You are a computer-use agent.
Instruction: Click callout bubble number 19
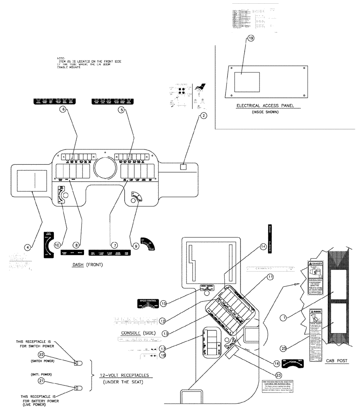(250, 38)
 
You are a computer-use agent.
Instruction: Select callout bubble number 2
(203, 116)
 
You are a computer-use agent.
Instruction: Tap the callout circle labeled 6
(63, 110)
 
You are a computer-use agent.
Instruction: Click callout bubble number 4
(27, 247)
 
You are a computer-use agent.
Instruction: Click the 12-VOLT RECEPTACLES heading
(124, 375)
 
